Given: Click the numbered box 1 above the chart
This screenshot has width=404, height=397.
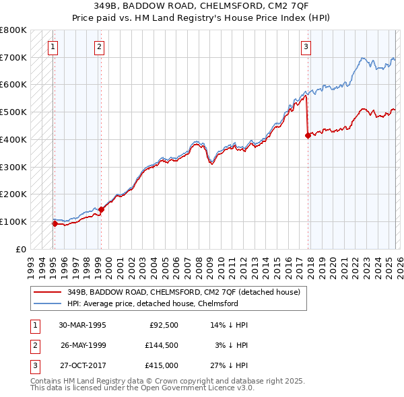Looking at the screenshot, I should pyautogui.click(x=53, y=46).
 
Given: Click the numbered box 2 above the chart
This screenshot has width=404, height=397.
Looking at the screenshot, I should pyautogui.click(x=99, y=46).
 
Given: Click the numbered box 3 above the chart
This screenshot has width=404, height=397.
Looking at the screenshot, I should pyautogui.click(x=306, y=46).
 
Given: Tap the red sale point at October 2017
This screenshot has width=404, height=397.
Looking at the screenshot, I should pyautogui.click(x=308, y=135).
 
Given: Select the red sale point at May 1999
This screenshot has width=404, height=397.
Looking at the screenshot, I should pyautogui.click(x=101, y=209).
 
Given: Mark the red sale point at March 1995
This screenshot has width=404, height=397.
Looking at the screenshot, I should pyautogui.click(x=55, y=223).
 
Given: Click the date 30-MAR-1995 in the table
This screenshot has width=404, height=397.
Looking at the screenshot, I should pyautogui.click(x=83, y=324).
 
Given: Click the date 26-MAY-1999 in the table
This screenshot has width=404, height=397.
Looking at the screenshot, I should pyautogui.click(x=83, y=346).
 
